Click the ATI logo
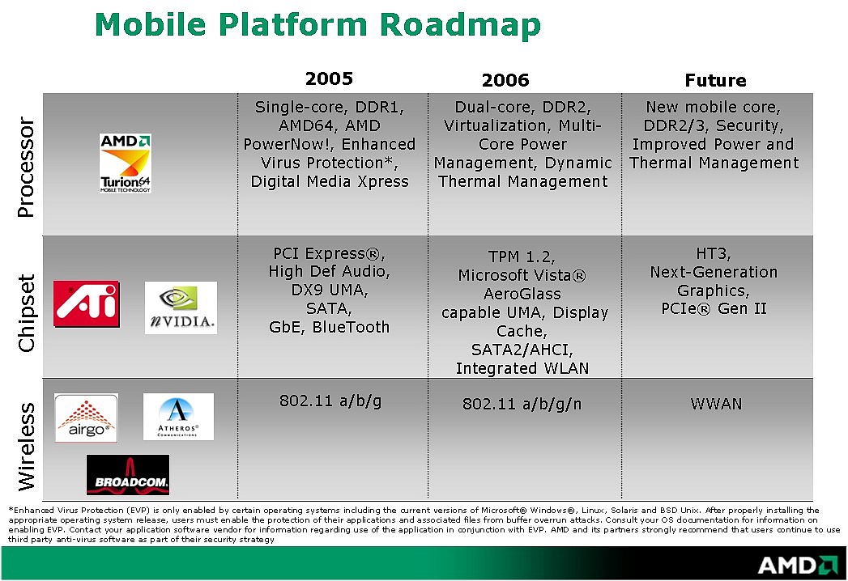point(87,303)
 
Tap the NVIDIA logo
point(181,307)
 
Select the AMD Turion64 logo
point(126,163)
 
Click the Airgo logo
point(86,418)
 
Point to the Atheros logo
point(178,417)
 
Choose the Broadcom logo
point(128,474)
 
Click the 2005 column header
point(329,79)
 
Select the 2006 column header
point(505,81)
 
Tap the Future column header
point(715,81)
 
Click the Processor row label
point(26,167)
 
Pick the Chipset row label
point(26,313)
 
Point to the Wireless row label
point(26,447)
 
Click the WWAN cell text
point(716,405)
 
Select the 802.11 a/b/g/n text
point(522,405)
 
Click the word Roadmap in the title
point(460,24)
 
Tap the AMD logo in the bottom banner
point(798,566)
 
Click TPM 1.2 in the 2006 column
point(522,257)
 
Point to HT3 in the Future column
point(714,253)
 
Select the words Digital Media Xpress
point(330,181)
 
